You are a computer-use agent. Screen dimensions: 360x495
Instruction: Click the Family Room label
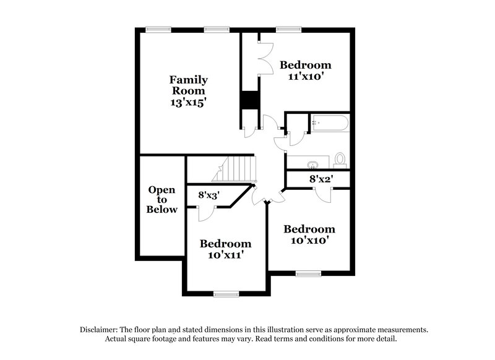tap(189, 85)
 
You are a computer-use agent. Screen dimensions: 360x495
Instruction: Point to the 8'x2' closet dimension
tap(321, 178)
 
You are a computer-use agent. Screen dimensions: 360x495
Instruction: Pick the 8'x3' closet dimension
tap(209, 195)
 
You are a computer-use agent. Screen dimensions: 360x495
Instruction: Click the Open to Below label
tap(162, 200)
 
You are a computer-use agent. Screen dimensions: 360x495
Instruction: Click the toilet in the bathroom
tap(340, 160)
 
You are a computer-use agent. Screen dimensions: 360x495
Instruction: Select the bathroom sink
tap(312, 164)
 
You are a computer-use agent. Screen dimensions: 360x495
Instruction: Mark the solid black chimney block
tap(249, 100)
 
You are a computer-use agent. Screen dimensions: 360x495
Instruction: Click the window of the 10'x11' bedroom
tap(226, 293)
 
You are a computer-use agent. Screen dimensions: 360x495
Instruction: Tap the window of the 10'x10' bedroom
tap(308, 273)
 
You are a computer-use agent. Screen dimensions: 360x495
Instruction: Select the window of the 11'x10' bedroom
tap(288, 28)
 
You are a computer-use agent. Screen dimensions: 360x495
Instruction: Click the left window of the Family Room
tap(158, 28)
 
